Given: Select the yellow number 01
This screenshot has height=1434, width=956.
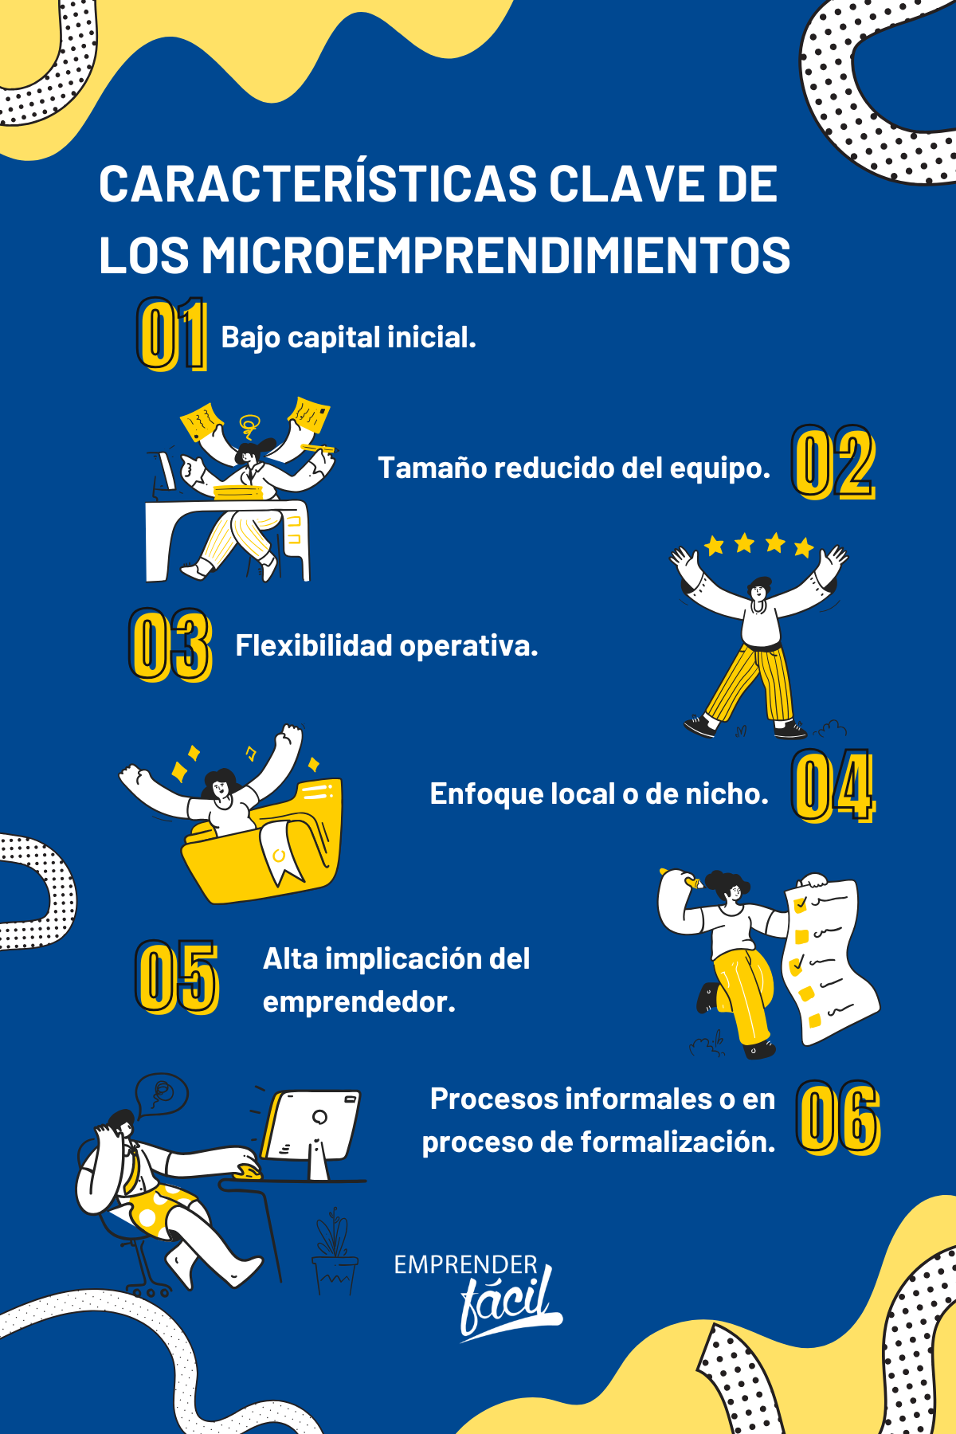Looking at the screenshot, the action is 172,334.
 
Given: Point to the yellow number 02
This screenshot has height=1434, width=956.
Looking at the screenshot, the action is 833,463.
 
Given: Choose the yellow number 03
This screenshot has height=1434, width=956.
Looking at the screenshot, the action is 170,645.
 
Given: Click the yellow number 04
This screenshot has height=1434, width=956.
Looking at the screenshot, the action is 833,786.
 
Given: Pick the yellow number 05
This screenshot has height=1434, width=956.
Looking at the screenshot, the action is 177,978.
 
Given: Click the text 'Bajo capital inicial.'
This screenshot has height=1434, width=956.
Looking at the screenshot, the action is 348,338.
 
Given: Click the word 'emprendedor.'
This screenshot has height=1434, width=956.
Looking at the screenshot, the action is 359,1002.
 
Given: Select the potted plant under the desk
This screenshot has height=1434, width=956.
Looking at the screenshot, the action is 334,1252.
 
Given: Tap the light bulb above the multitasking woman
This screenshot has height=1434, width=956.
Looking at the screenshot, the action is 250,423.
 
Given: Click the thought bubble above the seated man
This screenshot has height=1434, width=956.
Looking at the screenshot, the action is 162,1095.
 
